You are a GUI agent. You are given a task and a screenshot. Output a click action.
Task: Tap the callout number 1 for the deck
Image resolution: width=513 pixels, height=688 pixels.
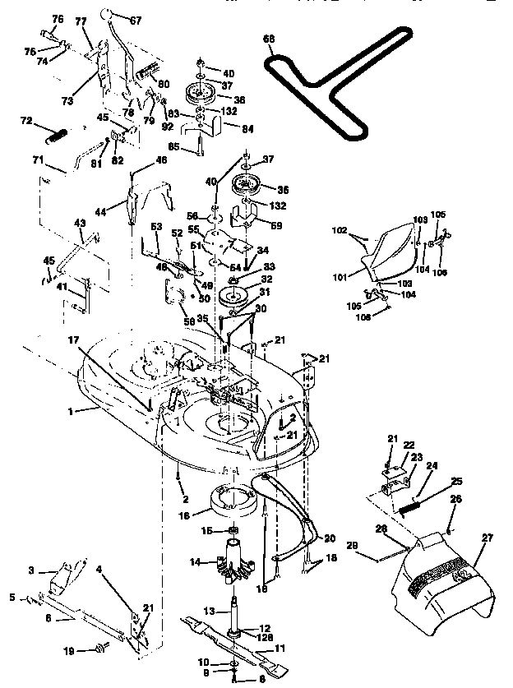pyautogui.click(x=71, y=409)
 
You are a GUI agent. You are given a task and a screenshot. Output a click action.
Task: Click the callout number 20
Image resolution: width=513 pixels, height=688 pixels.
pyautogui.click(x=330, y=538)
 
